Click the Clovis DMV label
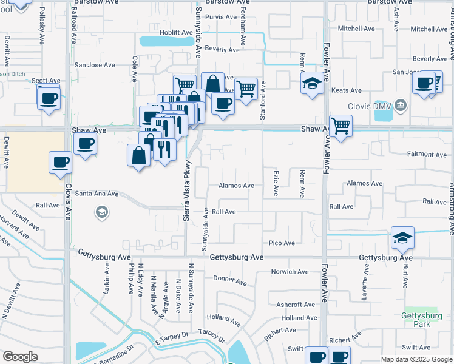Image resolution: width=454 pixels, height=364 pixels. click(370, 106)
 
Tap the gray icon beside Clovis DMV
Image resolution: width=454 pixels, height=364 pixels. click(400, 106)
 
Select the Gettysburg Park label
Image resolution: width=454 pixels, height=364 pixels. click(422, 320)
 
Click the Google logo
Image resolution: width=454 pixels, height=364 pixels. click(20, 357)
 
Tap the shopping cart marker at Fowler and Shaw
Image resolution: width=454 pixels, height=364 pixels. click(341, 126)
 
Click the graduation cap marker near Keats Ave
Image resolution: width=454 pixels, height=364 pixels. click(312, 83)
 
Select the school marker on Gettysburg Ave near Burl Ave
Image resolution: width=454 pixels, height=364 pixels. click(403, 238)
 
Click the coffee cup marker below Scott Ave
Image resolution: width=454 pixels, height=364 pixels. click(49, 98)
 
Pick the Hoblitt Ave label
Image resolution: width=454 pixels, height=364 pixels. click(176, 32)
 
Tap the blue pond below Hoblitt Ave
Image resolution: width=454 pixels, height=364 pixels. click(163, 41)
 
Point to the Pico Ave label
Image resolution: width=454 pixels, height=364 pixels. click(282, 243)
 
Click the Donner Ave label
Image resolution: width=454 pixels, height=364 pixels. click(230, 281)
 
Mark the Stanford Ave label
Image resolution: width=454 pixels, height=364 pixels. click(263, 96)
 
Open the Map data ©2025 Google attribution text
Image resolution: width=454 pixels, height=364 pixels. click(416, 359)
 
